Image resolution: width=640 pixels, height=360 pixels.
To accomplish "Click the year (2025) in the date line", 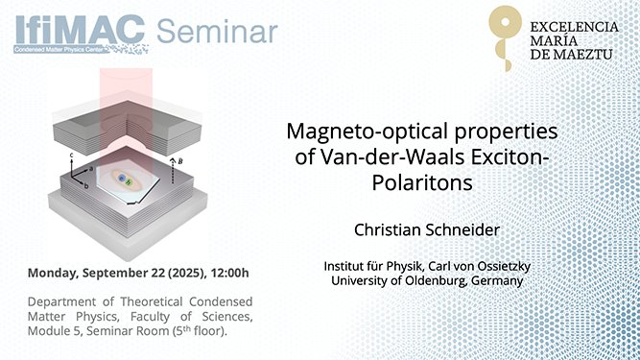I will tap(180, 273).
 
